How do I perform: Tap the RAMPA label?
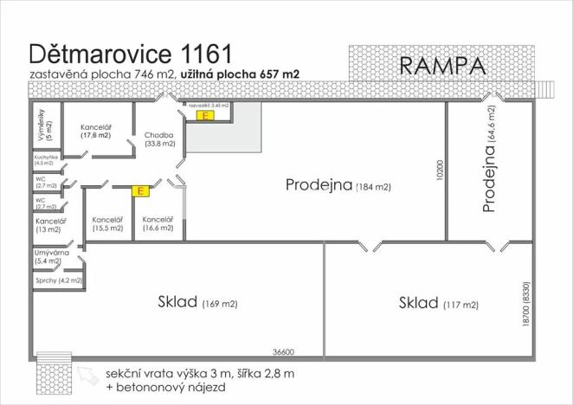point(442,65)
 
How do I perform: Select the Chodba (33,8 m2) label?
point(160,139)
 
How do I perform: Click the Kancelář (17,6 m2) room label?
point(95,131)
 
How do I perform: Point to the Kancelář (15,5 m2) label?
point(107,223)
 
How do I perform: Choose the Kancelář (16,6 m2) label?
point(158,223)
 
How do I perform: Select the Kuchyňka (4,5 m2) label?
point(46,160)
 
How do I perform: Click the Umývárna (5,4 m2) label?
point(48,256)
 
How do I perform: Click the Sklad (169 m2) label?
point(197,303)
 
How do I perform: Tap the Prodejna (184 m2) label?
point(338,185)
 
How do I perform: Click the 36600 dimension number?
point(283,351)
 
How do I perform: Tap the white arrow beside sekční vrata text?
point(88,377)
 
